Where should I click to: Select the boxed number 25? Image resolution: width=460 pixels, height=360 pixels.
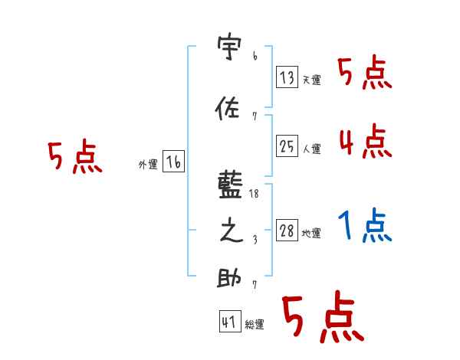[287, 146]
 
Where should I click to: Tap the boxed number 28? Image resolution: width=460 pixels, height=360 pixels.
[287, 231]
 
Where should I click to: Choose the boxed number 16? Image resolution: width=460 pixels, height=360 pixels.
[173, 162]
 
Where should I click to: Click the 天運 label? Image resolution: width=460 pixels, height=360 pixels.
[312, 80]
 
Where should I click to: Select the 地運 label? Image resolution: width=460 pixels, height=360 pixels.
[312, 234]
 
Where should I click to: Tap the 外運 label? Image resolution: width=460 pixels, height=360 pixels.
[148, 165]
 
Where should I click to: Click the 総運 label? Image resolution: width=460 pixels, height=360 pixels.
[255, 325]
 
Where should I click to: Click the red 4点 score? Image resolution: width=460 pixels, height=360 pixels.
[365, 142]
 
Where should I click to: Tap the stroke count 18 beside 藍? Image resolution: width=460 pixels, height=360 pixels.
[255, 195]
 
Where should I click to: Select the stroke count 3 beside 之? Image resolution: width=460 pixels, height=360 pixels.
[255, 240]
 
